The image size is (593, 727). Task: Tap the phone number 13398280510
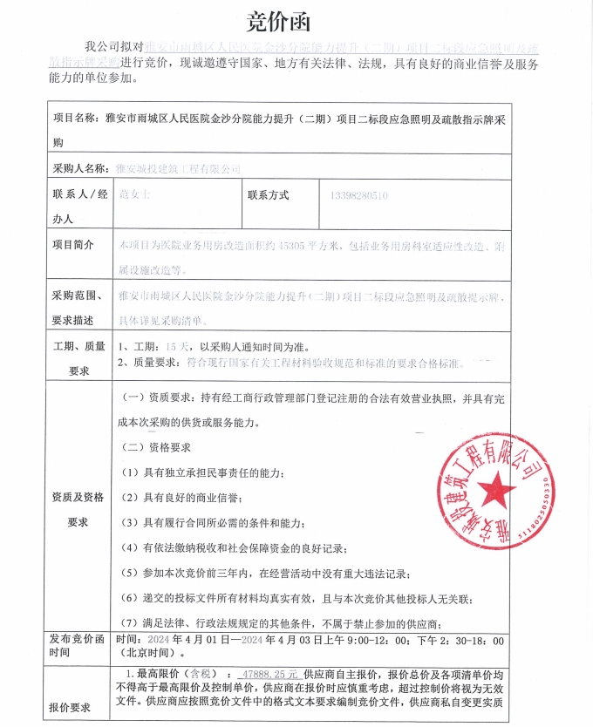[359, 196]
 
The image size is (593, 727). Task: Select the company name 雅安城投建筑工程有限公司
[178, 167]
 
